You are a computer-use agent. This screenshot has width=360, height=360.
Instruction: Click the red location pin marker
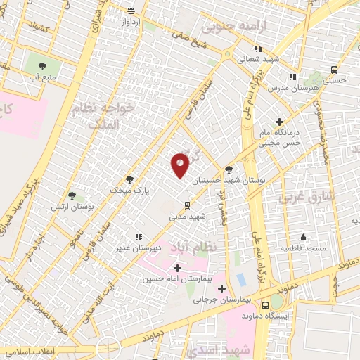point(181,165)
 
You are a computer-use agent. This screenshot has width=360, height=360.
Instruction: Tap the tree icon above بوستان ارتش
point(72,195)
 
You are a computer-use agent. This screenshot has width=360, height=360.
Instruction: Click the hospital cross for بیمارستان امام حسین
point(177,268)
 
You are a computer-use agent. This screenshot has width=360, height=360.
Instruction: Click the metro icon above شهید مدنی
point(187,205)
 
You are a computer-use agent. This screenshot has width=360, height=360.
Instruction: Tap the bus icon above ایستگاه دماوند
point(265,305)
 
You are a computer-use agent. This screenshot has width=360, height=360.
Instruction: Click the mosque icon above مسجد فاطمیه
point(303,237)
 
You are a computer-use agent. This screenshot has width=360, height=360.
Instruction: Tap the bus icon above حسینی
point(334,70)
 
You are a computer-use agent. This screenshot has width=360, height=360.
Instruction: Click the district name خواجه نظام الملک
point(97,115)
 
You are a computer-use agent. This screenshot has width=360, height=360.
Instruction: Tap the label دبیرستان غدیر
point(159,248)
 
